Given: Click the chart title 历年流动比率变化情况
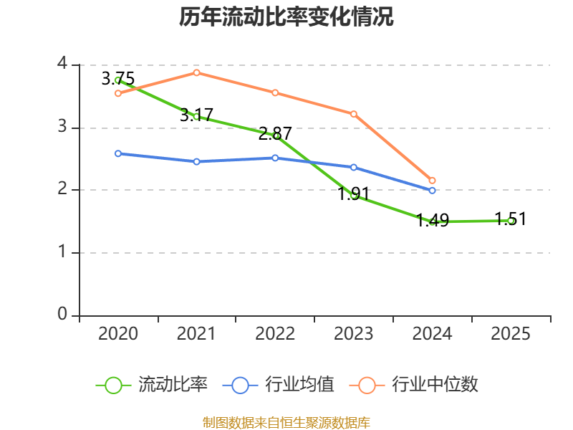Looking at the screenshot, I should [x=286, y=17].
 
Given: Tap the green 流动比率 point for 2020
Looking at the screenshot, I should [x=118, y=80].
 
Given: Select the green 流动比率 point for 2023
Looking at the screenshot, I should [x=354, y=195].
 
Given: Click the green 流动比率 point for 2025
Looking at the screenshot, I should [x=511, y=221].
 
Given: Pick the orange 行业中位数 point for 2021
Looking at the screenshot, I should [x=196, y=72].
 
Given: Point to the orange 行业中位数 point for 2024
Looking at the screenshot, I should [x=432, y=181].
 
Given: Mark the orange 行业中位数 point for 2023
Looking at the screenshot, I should [x=354, y=114].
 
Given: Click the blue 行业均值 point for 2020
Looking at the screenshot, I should [x=118, y=153].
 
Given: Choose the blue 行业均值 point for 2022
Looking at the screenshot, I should [x=275, y=158].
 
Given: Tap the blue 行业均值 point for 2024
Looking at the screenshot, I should [x=432, y=191].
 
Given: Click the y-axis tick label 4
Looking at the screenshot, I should [x=62, y=64].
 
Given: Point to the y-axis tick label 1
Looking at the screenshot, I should [x=62, y=252].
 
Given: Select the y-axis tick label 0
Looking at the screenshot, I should [x=62, y=315].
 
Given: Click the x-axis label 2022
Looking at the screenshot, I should [x=275, y=334].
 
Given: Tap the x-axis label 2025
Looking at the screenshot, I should [x=511, y=334].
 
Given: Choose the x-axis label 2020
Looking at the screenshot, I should [x=118, y=334].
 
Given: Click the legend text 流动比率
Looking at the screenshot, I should [x=173, y=385].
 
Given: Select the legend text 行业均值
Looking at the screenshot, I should [x=299, y=385].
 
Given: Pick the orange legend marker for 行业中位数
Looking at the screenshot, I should [x=367, y=385].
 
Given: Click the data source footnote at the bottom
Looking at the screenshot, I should [x=286, y=422].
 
